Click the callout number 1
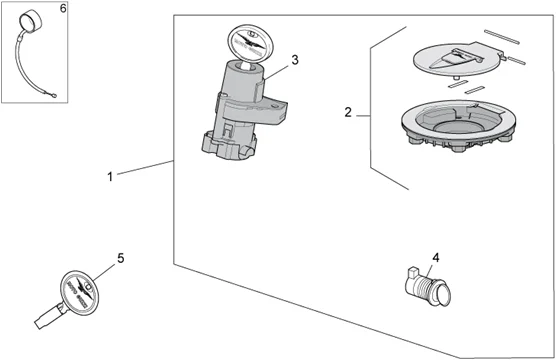tap(110, 176)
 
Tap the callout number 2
tap(348, 112)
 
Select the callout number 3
tap(295, 60)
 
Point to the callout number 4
tap(436, 258)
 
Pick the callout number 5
tap(121, 258)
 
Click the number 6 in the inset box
tap(63, 8)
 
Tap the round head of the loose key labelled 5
tap(79, 291)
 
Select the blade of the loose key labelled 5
tap(50, 315)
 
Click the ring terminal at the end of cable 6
tap(54, 95)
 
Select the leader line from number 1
tap(145, 167)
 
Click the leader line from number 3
tap(277, 72)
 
